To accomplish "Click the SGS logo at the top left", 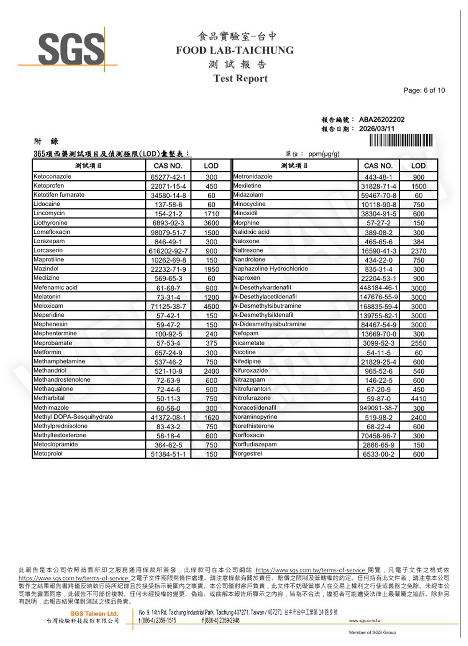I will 71,48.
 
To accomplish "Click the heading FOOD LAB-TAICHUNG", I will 234,50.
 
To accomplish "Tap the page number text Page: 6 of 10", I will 424,90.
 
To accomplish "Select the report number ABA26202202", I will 381,119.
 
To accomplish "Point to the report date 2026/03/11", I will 376,129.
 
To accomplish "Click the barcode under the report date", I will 401,140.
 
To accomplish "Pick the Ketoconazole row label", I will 52,177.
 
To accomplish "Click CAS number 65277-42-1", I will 168,177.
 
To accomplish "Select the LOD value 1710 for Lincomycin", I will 211,214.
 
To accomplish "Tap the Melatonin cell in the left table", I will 47,297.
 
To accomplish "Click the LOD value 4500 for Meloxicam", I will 211,306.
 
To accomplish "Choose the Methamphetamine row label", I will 59,361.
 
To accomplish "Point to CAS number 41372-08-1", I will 168,417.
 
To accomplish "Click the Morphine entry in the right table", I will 246,223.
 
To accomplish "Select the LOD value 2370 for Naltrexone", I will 418,251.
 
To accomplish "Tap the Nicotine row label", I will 245,352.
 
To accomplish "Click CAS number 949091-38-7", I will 379,408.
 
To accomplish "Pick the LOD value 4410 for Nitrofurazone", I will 418,399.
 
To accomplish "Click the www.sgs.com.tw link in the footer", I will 365,621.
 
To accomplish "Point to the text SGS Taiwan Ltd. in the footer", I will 94,613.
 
